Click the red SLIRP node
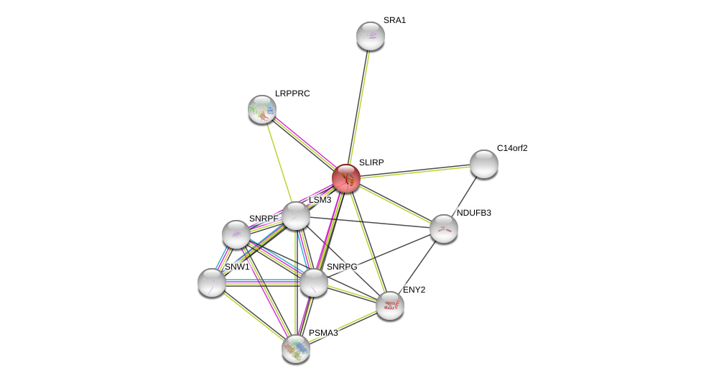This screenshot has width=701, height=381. coord(346,178)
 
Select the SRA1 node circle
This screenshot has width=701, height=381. coord(371,36)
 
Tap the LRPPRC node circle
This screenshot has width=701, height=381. coord(262,109)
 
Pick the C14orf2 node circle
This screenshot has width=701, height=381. coord(484,164)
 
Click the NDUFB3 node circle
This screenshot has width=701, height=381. coord(444,229)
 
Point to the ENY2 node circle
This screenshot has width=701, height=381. coord(390,306)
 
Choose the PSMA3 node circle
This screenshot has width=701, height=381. coord(296,349)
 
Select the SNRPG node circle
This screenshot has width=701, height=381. coord(314,283)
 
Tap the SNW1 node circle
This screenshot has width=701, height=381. coord(212,283)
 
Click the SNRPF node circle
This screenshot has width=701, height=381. coord(236,234)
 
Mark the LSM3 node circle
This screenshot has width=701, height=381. coord(296,216)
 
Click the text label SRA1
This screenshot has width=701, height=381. coord(394,20)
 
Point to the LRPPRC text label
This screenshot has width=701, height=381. coord(292,93)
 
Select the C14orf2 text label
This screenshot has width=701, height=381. coord(512,148)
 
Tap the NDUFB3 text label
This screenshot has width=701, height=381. coord(474,213)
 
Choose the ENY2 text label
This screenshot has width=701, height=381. coord(414,290)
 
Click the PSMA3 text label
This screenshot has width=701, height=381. coord(323,333)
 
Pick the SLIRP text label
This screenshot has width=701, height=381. coord(371,162)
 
